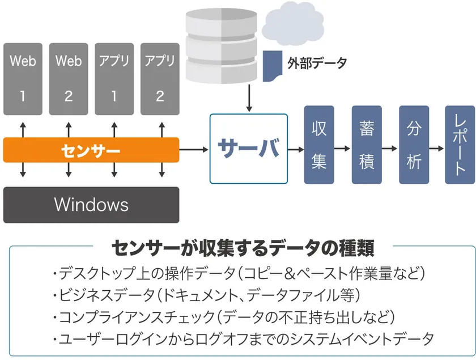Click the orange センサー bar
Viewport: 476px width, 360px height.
click(x=91, y=151)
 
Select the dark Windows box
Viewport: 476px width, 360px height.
click(x=91, y=204)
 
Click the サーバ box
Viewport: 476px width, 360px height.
click(x=248, y=149)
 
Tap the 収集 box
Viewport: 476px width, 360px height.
click(x=319, y=145)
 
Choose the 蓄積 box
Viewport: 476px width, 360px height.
click(x=367, y=145)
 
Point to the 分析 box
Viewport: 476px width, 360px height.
click(x=414, y=145)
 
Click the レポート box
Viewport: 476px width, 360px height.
click(x=460, y=145)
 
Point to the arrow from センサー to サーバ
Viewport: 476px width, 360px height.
click(x=194, y=150)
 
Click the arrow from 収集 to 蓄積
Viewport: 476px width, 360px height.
click(x=342, y=149)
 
